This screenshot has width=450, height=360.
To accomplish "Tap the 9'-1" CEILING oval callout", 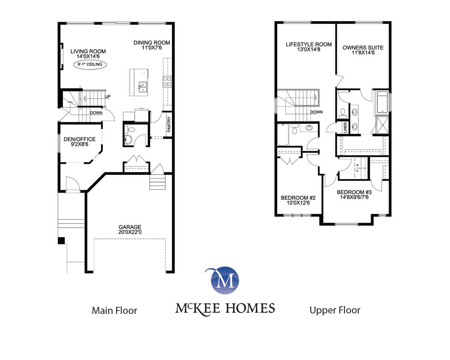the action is (90, 64).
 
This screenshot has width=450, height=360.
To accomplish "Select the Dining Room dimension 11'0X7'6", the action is (152, 48).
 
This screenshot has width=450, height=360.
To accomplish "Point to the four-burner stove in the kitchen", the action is (167, 82).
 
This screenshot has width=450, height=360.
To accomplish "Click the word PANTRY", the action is (169, 124).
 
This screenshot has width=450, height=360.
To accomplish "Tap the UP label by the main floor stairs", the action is (108, 97).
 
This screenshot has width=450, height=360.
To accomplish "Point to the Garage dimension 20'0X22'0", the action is (130, 232).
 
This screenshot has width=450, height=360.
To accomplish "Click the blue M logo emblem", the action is (225, 280).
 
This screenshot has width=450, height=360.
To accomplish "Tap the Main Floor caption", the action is (115, 310).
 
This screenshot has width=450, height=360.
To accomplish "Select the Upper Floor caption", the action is (335, 310).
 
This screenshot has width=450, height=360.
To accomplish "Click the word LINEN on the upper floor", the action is (345, 127).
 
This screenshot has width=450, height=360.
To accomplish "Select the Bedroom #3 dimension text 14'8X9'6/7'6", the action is (354, 197).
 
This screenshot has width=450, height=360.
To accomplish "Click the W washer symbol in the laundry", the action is (357, 165).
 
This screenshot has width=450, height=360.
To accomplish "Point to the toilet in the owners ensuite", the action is (343, 112).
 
